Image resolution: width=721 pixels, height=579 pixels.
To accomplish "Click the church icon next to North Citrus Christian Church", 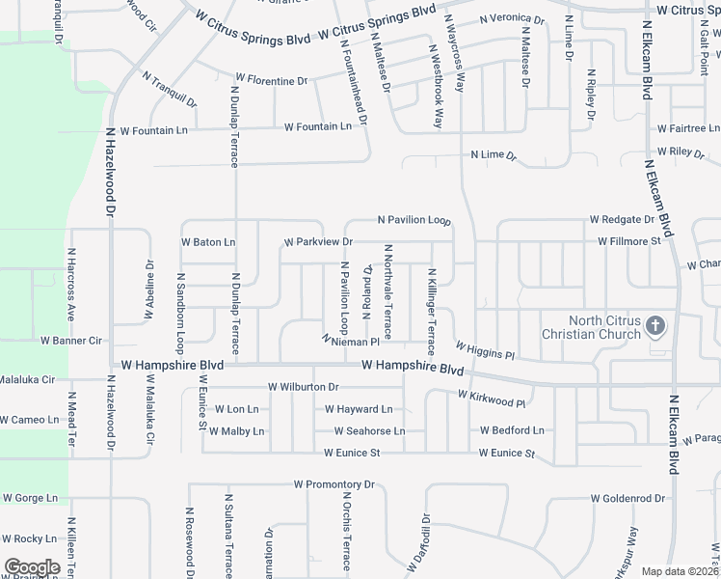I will [654, 325].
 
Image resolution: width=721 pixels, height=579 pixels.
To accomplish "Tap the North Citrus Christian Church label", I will [591, 328].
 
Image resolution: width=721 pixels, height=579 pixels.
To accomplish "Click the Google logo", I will [32, 567].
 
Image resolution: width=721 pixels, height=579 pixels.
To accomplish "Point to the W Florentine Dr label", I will [271, 81].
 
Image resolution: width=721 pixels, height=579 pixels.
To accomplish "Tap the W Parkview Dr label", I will [318, 241].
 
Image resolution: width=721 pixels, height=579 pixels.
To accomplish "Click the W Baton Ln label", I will [208, 242].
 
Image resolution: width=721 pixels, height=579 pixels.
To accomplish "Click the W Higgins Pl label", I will [486, 349].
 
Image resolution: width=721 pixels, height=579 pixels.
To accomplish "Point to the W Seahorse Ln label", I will [369, 431].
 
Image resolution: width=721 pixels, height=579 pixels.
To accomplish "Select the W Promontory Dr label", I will [334, 484].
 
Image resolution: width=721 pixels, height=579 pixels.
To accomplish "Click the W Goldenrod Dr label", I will [628, 499].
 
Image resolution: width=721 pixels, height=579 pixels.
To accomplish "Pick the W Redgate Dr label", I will [628, 220].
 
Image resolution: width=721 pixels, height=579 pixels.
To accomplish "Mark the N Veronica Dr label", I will [511, 18].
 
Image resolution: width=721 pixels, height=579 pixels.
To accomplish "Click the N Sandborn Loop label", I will [180, 312].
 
